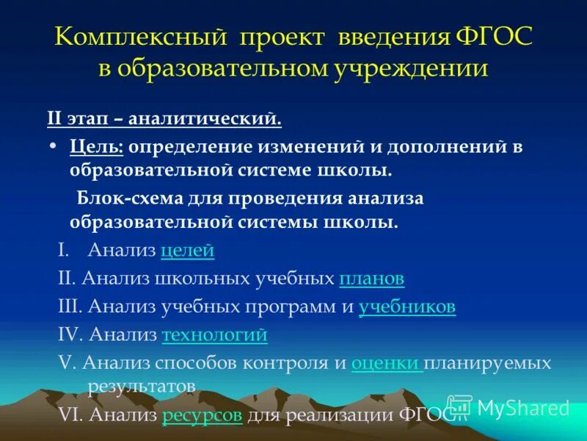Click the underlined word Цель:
point(98,146)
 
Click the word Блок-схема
point(125,199)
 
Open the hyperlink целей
point(187,251)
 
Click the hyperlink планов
point(371,279)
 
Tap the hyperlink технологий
point(214,335)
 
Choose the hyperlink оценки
point(386,363)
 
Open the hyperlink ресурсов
point(203,415)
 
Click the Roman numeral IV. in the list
point(71,335)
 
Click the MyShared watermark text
point(522,408)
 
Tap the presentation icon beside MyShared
point(459,407)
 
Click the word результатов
point(141,385)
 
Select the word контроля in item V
point(293,363)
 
